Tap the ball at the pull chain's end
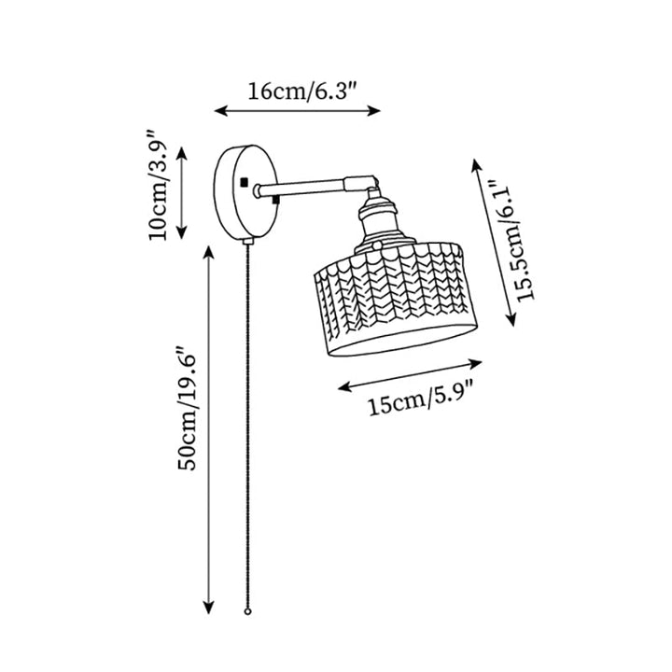[247, 611]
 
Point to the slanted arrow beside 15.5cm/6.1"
[495, 243]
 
